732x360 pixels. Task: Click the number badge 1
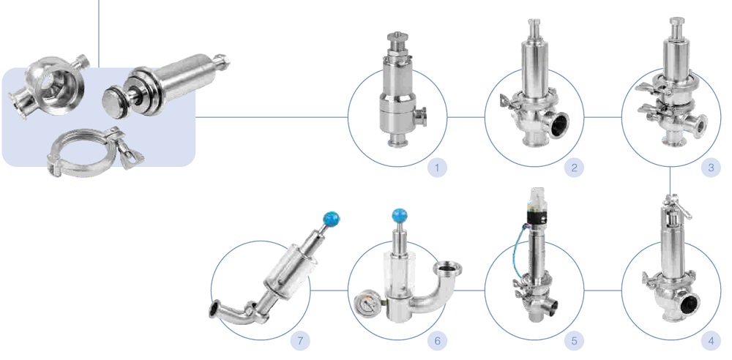tap(437, 168)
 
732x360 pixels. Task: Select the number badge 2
tap(574, 168)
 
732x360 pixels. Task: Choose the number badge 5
tap(574, 340)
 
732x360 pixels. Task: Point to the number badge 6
tap(437, 340)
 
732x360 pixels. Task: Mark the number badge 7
tap(299, 340)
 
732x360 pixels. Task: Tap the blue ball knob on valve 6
tap(399, 215)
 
